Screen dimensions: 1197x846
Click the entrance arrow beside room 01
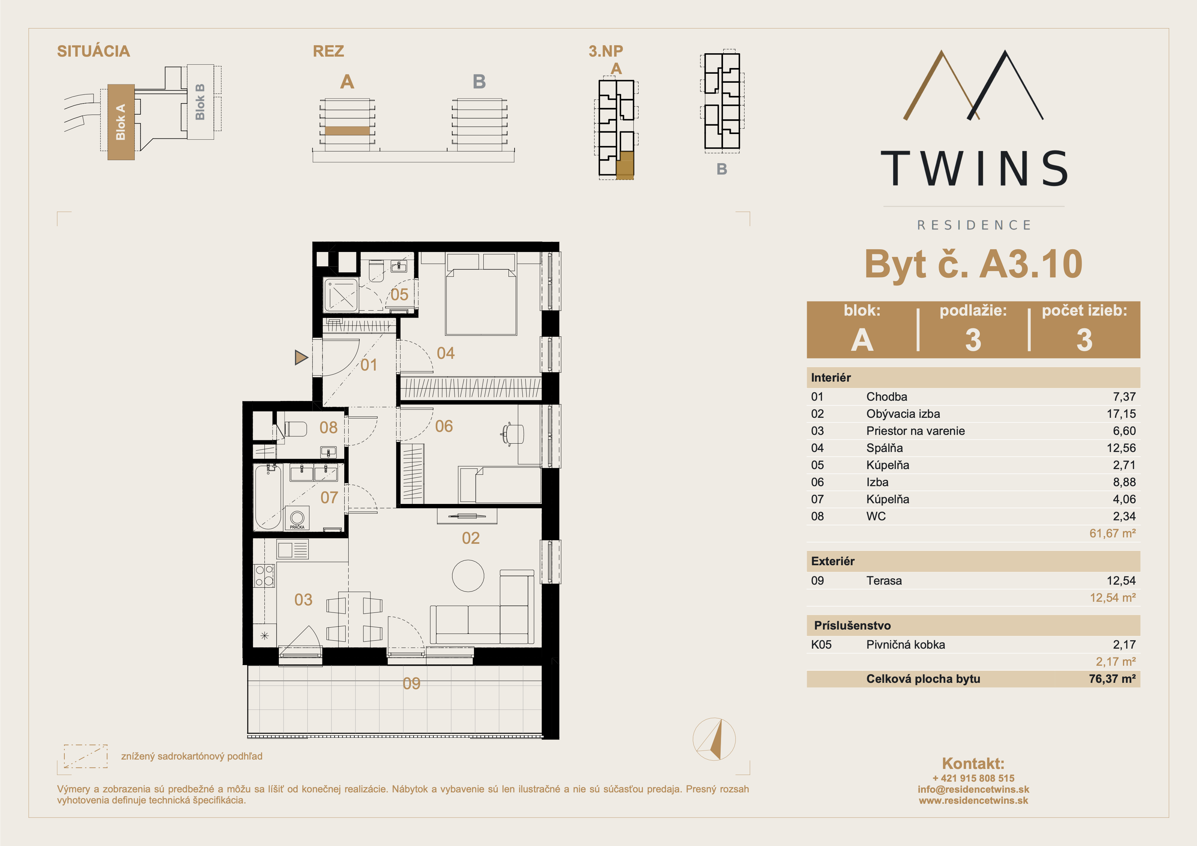tap(301, 357)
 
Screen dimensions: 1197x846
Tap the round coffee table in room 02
tap(468, 576)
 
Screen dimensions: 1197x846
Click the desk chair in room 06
tap(513, 434)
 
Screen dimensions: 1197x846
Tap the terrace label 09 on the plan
tap(411, 684)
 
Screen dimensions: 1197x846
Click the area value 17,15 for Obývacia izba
tap(1121, 414)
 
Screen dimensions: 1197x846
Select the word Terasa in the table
tap(884, 581)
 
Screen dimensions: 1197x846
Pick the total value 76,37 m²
tap(1112, 679)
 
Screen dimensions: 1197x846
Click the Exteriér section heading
tap(833, 562)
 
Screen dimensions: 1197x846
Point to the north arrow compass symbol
tap(714, 739)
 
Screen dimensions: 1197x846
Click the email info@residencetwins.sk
tap(973, 789)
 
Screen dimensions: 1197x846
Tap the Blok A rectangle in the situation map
tap(121, 122)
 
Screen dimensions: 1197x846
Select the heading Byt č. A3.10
tap(973, 264)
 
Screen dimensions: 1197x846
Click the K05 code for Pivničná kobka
tap(821, 645)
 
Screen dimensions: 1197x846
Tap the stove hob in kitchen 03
tap(264, 576)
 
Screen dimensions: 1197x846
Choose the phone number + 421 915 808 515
tap(973, 778)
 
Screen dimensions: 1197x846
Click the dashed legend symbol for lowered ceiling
tap(85, 756)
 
